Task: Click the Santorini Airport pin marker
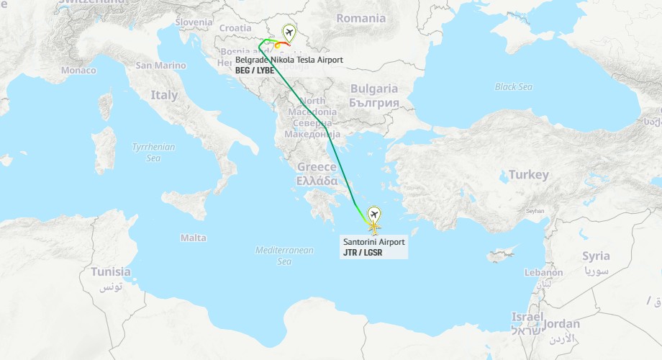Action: click(374, 215)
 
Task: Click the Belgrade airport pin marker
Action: click(289, 32)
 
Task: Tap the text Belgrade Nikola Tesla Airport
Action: click(289, 60)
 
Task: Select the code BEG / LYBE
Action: click(255, 71)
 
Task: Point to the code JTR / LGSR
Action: click(363, 253)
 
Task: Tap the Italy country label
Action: click(164, 95)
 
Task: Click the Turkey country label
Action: click(528, 175)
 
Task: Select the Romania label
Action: click(361, 18)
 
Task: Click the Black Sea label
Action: click(514, 87)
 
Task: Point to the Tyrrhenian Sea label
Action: click(153, 152)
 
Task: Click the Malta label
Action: click(193, 238)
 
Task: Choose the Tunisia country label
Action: click(111, 272)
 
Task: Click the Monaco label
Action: click(78, 70)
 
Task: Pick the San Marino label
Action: click(160, 66)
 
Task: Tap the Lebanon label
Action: click(543, 273)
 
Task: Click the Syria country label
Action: click(596, 256)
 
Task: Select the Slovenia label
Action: click(194, 22)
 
